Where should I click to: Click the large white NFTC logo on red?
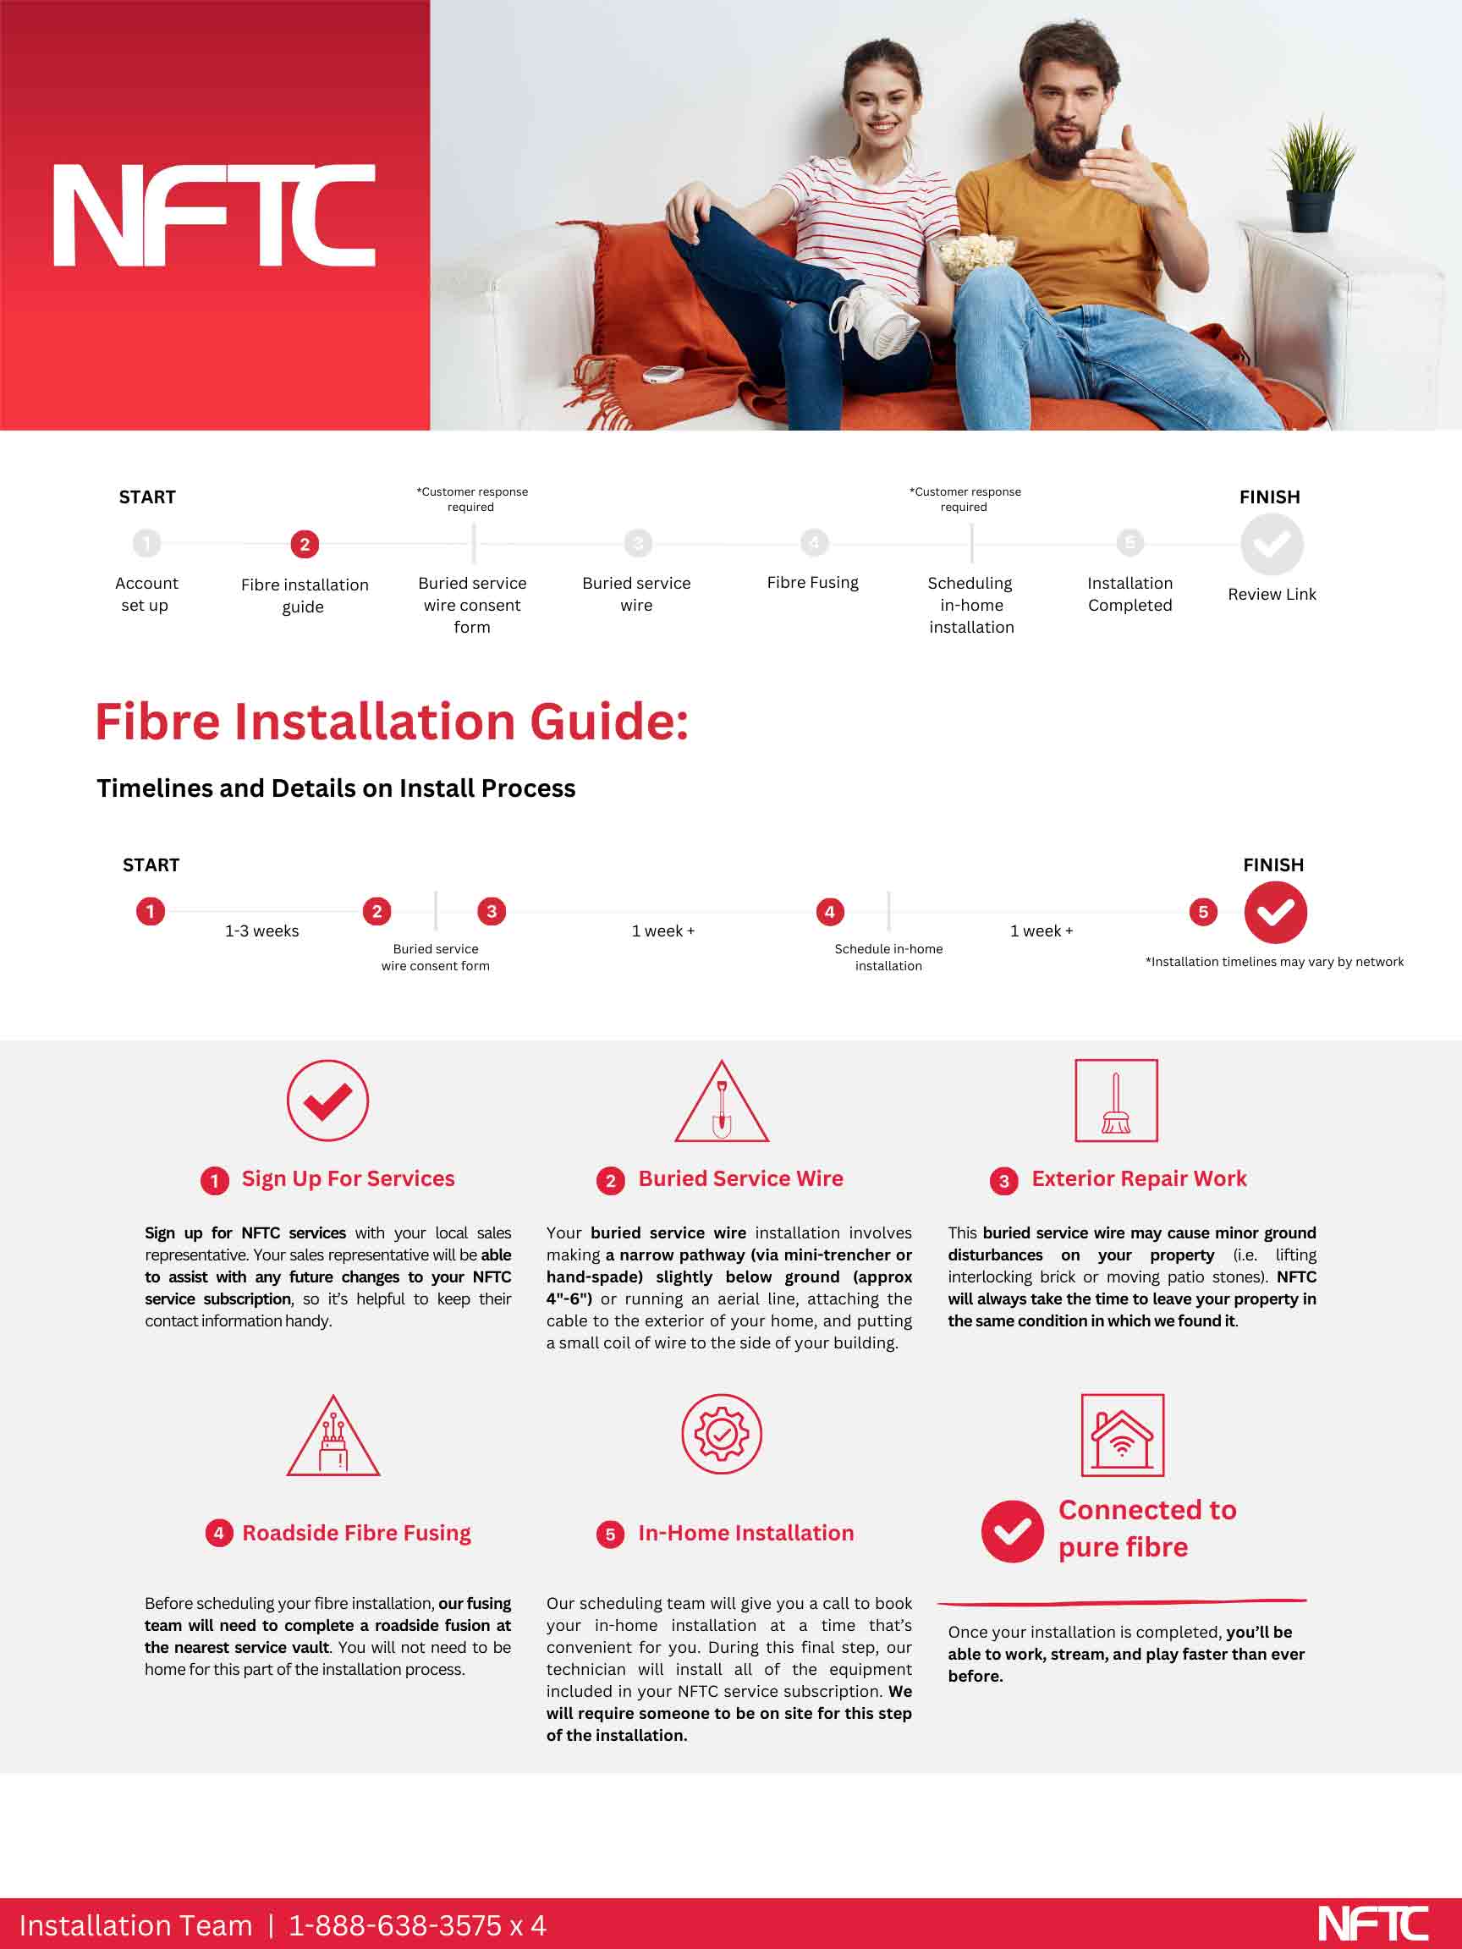coord(214,215)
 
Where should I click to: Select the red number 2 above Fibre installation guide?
coord(305,545)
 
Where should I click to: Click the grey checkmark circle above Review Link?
coord(1271,545)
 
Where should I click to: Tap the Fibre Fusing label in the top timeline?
coord(811,582)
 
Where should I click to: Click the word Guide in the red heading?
coord(609,722)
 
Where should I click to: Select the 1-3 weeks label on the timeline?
coord(261,931)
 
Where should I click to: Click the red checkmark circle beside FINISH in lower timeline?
coord(1274,912)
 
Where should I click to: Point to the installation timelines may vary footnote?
coord(1273,962)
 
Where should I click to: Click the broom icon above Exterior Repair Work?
coord(1116,1101)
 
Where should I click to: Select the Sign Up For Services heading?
coord(348,1179)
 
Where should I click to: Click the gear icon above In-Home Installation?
coord(722,1435)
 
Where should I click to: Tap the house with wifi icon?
coord(1122,1436)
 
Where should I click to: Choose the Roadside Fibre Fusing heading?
coord(356,1533)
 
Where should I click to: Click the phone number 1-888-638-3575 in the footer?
coord(395,1926)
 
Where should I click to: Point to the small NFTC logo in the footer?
coord(1372,1924)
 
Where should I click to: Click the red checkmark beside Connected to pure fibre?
coord(1012,1531)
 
